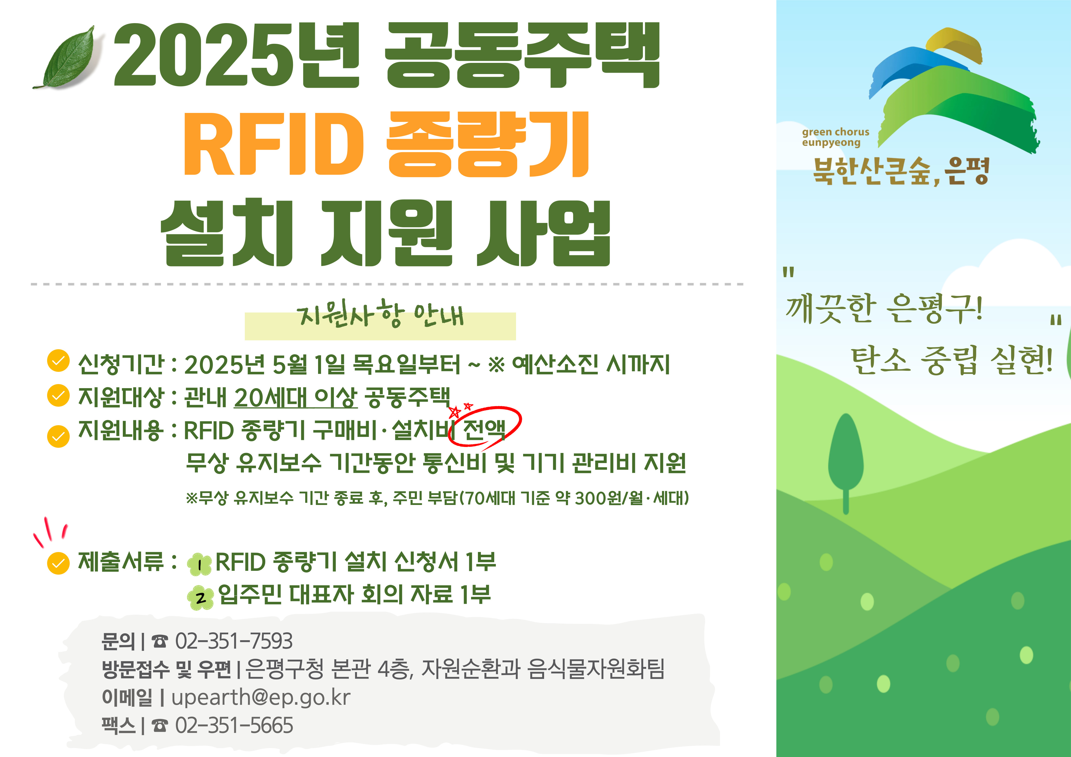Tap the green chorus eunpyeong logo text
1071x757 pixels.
[x=835, y=137]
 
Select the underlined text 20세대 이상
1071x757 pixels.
[x=295, y=397]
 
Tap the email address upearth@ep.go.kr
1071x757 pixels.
[x=261, y=697]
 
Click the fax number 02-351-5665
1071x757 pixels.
[x=234, y=725]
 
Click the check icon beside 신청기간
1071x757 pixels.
[x=58, y=361]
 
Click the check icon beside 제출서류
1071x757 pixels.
[x=58, y=563]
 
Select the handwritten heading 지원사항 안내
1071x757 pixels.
[x=380, y=314]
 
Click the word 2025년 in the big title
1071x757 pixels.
[x=236, y=55]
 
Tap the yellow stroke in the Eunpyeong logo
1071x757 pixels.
[x=954, y=45]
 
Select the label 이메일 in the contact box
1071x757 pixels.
[x=127, y=697]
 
